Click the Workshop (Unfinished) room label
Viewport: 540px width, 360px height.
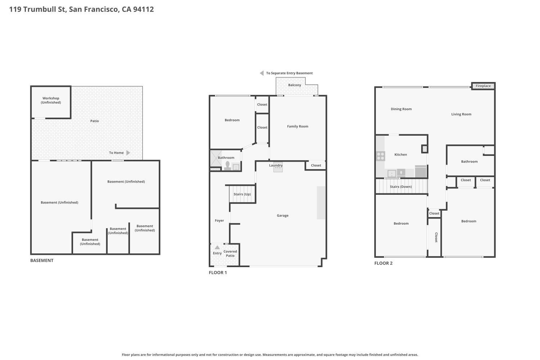tap(51, 100)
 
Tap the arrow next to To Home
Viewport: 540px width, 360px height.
tap(128, 153)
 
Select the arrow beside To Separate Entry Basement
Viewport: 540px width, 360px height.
tap(262, 73)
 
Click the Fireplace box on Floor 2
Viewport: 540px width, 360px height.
tap(483, 86)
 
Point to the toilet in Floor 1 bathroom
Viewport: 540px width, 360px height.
tap(228, 165)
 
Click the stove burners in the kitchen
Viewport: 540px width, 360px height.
tap(381, 156)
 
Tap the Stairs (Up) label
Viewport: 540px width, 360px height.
tap(242, 194)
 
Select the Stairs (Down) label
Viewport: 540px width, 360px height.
tap(401, 187)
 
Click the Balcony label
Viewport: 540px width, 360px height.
tap(294, 85)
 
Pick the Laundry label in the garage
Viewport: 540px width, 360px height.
tap(276, 166)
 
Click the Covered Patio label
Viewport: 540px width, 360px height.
tap(230, 253)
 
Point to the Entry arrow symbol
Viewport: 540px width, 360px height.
tap(217, 247)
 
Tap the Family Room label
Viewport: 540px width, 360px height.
tap(297, 126)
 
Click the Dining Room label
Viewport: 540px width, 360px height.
tap(401, 109)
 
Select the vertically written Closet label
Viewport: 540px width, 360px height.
tap(436, 237)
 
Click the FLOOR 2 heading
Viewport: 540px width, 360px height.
tap(383, 263)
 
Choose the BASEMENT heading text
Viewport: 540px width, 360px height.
tap(42, 261)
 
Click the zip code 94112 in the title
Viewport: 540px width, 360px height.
tap(143, 9)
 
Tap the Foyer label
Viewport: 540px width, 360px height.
tap(219, 221)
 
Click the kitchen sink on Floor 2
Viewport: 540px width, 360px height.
tap(392, 174)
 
